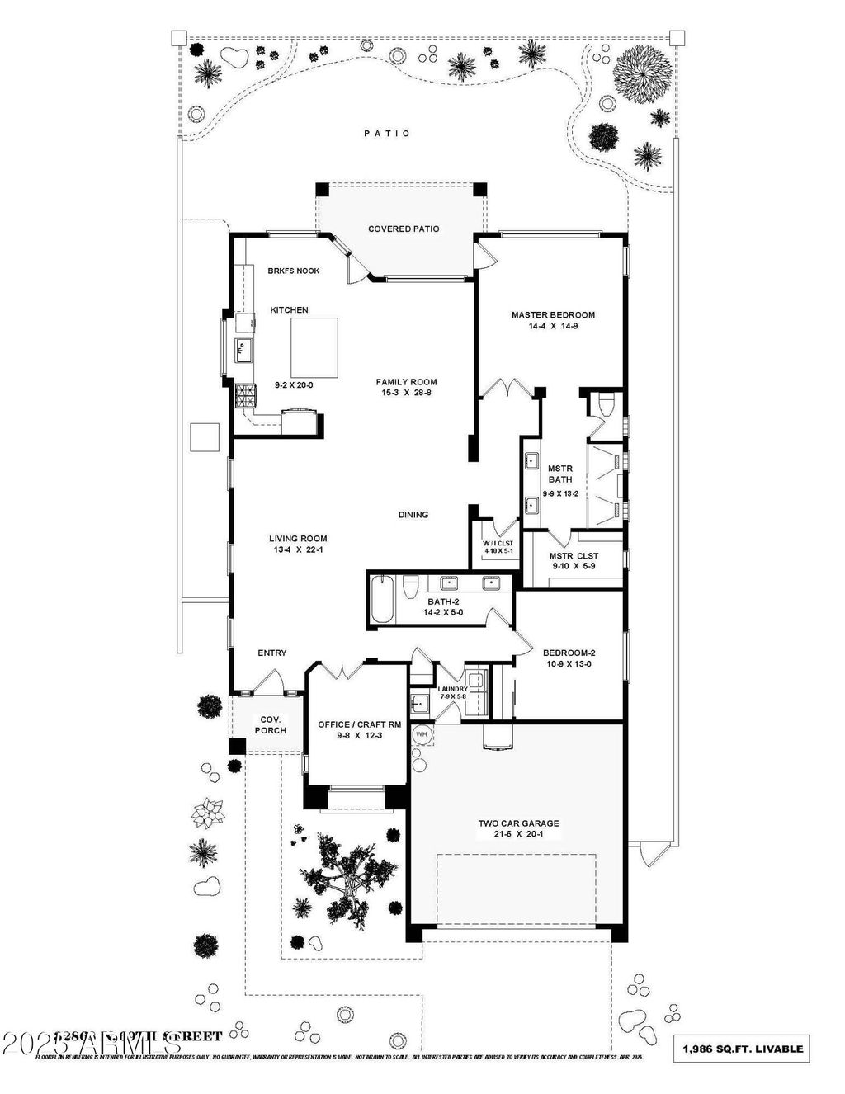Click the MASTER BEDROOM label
coord(553,314)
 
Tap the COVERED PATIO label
coord(404,229)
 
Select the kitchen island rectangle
coord(314,347)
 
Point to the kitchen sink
coord(243,350)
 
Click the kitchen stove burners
coord(245,397)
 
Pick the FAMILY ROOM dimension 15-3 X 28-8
coord(406,393)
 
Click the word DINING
coord(413,515)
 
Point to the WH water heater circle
coord(422,733)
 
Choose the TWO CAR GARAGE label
coord(518,823)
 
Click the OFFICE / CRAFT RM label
coord(360,724)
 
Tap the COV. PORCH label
coord(270,724)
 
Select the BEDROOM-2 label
coord(570,653)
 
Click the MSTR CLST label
coord(574,556)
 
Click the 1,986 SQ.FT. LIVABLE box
coord(743,1049)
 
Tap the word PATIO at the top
coord(387,133)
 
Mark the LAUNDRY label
coord(452,689)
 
